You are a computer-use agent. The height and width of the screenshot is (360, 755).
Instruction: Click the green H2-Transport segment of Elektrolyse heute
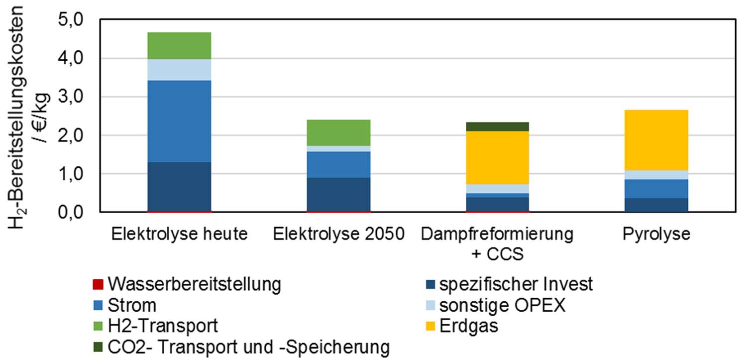[x=179, y=45]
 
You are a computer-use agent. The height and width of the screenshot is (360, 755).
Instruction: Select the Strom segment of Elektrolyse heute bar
[x=179, y=121]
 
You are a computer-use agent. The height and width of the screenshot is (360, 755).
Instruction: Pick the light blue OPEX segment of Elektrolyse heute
[x=179, y=70]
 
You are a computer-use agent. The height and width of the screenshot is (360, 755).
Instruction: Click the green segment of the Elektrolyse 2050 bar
[x=338, y=132]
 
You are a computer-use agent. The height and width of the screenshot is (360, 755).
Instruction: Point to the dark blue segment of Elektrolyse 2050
[x=338, y=194]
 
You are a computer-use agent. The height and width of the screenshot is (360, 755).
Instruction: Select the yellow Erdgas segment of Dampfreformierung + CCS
[x=497, y=157]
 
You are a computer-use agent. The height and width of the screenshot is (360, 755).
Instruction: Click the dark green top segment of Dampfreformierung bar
[x=497, y=126]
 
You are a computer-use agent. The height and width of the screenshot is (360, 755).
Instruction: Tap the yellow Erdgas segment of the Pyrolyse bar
[x=656, y=140]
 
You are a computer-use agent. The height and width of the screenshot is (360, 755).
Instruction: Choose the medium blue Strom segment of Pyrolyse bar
[x=656, y=189]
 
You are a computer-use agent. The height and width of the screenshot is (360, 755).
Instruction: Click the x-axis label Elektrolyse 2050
[x=338, y=234]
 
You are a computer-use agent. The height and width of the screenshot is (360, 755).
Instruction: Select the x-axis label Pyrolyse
[x=656, y=234]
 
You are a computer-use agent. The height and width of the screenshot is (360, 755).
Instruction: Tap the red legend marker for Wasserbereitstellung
[x=98, y=285]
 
